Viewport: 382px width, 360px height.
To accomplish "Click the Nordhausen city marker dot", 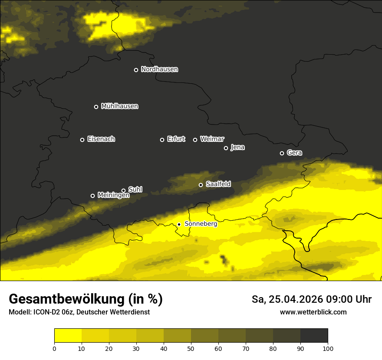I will pos(136,70).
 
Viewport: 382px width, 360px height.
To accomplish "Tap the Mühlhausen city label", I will pos(119,106).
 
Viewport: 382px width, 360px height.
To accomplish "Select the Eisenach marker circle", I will pos(82,140).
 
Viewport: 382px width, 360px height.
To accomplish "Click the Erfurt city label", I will pos(176,139).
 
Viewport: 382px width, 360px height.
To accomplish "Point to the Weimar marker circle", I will pos(195,140).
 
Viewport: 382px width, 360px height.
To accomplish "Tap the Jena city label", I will pos(237,147).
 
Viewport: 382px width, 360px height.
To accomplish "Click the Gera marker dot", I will pos(282,153).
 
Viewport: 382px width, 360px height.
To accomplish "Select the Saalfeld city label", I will pos(218,184).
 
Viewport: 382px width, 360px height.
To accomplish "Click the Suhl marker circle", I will pos(123,190).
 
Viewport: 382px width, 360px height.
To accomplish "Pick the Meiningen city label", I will pos(113,196).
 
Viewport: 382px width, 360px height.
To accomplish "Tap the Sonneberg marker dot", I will pos(179,224).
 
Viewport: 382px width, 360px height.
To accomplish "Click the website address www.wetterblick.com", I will pos(313,312).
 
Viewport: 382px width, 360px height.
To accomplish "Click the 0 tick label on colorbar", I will pos(54,349).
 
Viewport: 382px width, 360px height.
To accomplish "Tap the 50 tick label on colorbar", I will pos(191,349).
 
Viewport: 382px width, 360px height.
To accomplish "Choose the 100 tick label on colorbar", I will pos(328,349).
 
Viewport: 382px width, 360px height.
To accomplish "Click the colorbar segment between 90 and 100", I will pos(314,336).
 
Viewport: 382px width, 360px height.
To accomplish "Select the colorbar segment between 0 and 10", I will pos(68,336).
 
